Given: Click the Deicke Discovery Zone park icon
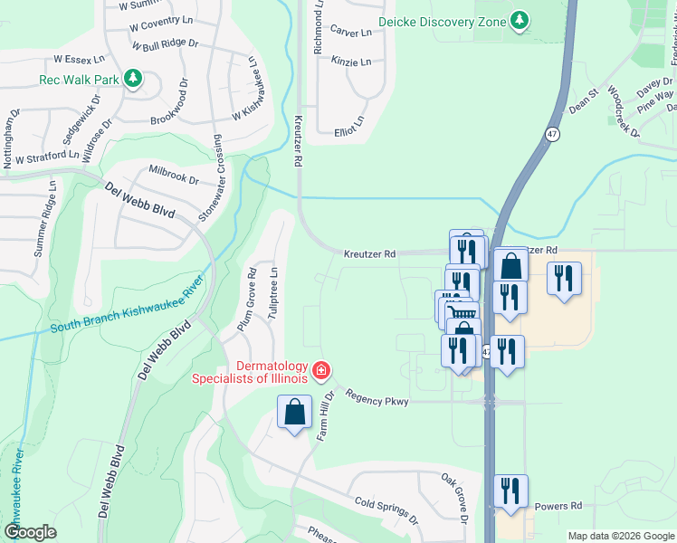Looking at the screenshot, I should pos(519,21).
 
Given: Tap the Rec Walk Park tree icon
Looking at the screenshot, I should pos(133,80).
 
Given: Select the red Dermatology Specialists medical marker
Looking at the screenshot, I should pos(320,370).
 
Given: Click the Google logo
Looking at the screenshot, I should pos(31,531).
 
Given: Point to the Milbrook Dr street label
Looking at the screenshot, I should pos(174,174).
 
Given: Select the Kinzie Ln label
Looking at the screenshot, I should pos(351,62).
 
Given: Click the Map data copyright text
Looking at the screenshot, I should pos(620,536).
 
